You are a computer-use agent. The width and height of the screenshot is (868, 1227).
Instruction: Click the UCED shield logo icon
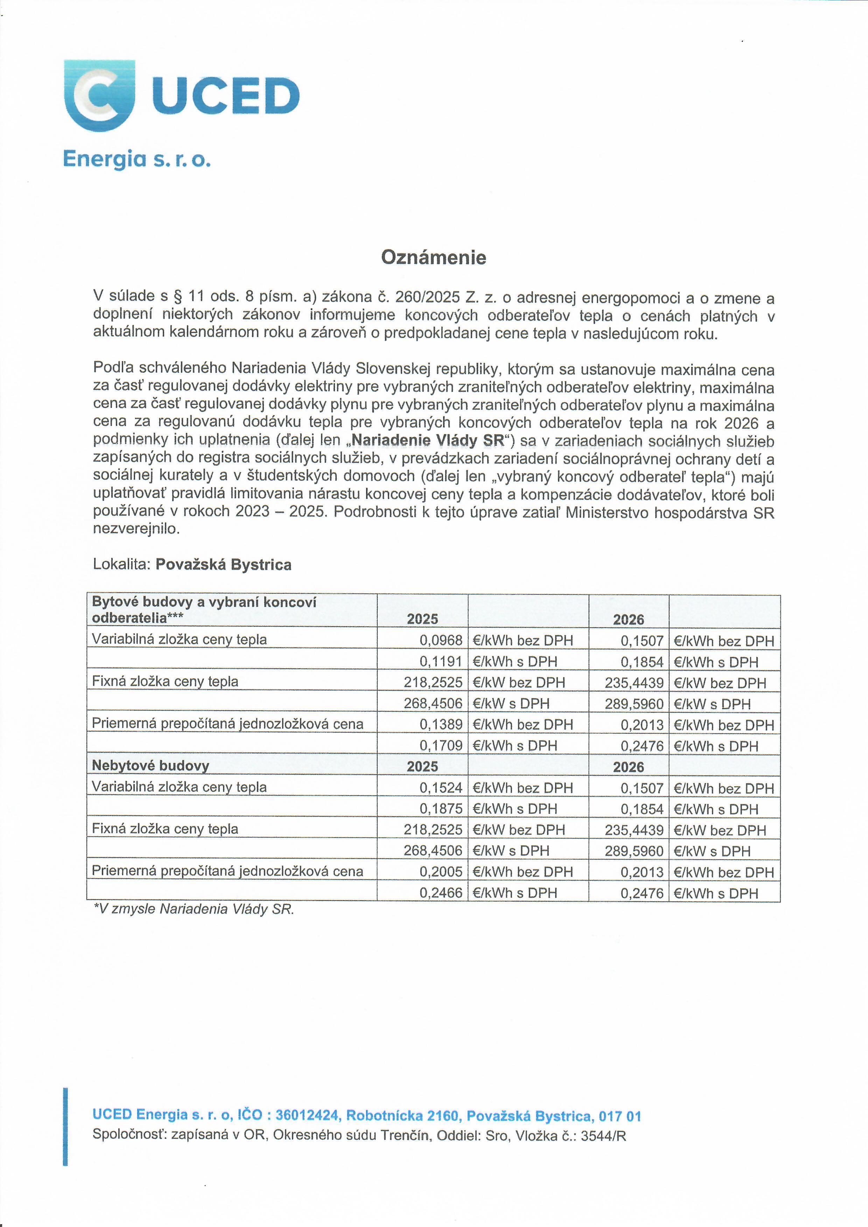click(99, 95)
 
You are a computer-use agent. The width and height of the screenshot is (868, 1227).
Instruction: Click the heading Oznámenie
click(433, 258)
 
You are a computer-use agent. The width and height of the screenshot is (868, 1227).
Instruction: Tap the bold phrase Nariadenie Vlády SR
click(428, 440)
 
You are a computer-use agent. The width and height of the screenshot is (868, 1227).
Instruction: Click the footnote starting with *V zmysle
click(194, 909)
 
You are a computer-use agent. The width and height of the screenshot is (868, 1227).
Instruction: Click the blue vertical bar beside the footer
click(65, 1127)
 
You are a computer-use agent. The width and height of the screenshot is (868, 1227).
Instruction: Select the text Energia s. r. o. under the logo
click(137, 159)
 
